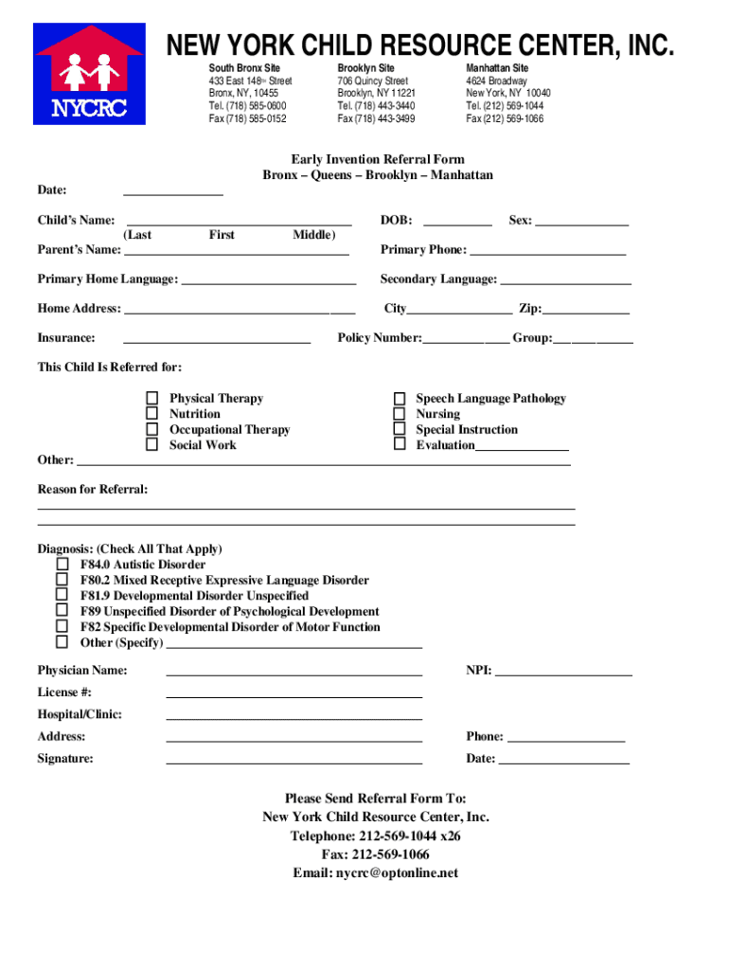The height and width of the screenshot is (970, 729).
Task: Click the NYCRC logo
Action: (89, 75)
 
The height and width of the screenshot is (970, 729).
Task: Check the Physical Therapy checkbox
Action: (151, 399)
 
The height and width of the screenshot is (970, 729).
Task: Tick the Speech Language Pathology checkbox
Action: (400, 399)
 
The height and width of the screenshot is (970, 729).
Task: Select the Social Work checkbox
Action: (151, 444)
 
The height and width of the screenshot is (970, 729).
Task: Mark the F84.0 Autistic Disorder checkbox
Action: (62, 565)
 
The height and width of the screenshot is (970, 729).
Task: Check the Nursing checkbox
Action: (400, 414)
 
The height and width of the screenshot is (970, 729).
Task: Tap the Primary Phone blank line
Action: (547, 251)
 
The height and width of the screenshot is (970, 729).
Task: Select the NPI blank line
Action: (563, 672)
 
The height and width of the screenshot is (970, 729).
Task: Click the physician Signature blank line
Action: (293, 760)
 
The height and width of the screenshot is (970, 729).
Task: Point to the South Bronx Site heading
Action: (244, 69)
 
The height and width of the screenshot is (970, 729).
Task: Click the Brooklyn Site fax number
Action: (376, 119)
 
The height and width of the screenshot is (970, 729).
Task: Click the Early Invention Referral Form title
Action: (377, 160)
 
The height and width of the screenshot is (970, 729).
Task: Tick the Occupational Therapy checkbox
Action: (151, 429)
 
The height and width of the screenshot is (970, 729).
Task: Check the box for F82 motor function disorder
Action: (62, 626)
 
